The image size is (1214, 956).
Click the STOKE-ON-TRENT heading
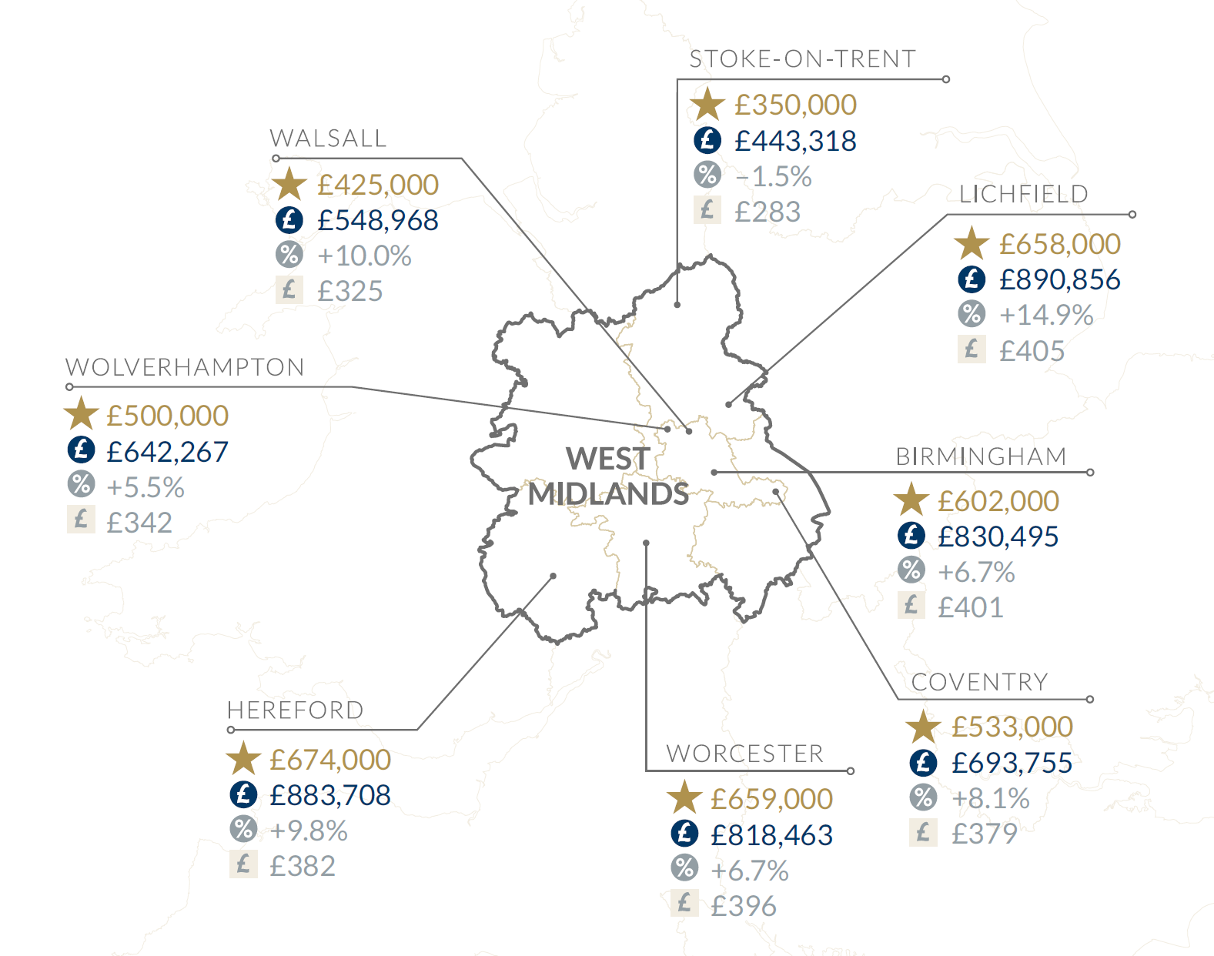[x=802, y=59]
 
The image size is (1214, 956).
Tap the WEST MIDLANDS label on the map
[x=608, y=476]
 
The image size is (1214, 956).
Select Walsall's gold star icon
[x=289, y=185]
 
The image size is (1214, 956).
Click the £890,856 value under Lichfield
[x=1059, y=279]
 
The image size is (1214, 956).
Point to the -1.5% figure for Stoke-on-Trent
[x=773, y=176]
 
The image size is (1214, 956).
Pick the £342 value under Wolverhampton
[x=139, y=523]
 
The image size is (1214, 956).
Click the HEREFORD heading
[x=295, y=710]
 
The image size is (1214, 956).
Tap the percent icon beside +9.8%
[x=243, y=829]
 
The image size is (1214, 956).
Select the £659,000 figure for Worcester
[x=771, y=799]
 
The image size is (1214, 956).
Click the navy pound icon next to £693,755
[x=923, y=763]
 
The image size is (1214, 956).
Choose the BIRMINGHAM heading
[x=981, y=456]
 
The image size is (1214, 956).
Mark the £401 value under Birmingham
[x=970, y=607]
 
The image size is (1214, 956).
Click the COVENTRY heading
[x=979, y=682]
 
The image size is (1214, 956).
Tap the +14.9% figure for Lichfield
[x=1046, y=315]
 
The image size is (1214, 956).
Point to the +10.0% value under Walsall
[x=364, y=256]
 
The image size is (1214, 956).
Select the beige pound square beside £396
[x=684, y=903]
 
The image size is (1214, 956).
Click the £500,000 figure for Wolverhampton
[x=167, y=416]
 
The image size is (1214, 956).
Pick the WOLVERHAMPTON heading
[x=185, y=367]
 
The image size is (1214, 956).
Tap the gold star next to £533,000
[x=923, y=727]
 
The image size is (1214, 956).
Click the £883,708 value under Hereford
[x=330, y=795]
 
